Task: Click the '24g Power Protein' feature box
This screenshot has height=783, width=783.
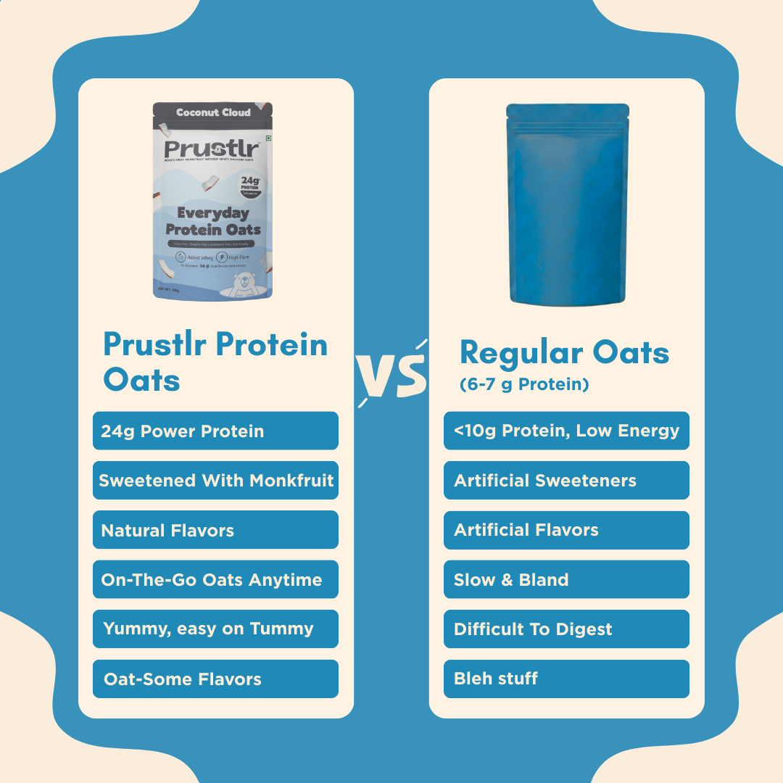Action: coord(215,431)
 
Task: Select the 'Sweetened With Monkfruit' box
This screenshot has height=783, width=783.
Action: coord(215,480)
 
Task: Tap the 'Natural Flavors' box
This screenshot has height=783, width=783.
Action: coord(215,530)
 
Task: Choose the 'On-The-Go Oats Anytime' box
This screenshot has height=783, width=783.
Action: coord(215,579)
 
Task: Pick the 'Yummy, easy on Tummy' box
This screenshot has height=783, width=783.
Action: coord(215,629)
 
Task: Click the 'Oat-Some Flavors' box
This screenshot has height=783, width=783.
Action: coord(215,679)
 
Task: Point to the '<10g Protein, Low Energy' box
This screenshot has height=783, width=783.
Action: coord(566,431)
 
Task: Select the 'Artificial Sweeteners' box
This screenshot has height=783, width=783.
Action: coord(566,480)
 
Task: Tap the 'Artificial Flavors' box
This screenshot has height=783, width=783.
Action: coord(566,530)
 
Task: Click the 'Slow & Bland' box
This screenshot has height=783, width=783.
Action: coord(566,579)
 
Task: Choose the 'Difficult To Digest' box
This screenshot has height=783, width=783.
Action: coord(566,629)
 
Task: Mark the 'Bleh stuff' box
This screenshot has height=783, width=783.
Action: coord(566,679)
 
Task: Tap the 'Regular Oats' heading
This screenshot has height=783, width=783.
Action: coord(564,353)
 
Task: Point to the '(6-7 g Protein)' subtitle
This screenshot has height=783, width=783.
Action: coord(524,385)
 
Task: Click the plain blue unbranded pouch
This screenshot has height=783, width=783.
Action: coord(567,203)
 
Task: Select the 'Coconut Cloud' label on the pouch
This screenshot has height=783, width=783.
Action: coord(213,112)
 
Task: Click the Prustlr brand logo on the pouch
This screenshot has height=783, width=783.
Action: coord(211,149)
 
